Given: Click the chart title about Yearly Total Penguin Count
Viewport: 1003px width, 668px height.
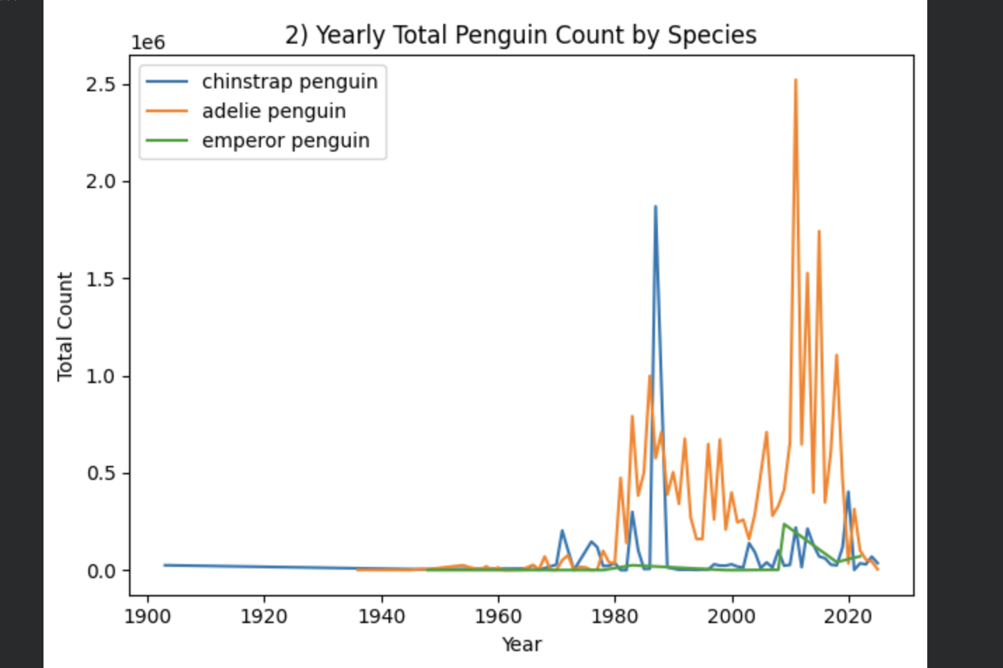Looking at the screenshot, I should point(520,35).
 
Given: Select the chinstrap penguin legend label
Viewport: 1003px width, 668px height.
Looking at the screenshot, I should point(290,82).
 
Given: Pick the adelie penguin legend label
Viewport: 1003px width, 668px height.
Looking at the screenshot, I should point(274,112).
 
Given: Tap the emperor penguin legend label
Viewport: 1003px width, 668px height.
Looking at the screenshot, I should point(285,141).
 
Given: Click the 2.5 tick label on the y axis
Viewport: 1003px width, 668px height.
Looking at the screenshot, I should point(100,85).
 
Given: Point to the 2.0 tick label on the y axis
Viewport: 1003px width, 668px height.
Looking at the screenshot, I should point(100,182).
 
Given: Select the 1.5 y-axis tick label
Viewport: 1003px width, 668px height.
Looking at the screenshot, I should point(100,279).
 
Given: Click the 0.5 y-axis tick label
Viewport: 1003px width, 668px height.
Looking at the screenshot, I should point(100,474).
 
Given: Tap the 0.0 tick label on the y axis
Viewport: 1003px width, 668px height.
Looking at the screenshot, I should point(100,571).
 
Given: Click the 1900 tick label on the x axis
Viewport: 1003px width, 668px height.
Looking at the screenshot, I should point(147,617).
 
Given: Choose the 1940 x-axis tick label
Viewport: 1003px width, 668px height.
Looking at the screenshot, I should point(382,617).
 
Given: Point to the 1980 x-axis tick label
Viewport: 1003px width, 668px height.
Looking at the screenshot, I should point(615,617).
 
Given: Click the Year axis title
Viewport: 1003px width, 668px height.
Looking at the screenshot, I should point(521,644).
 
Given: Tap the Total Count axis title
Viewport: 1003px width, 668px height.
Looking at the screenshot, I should point(65,327).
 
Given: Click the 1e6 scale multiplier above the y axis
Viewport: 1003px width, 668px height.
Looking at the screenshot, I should point(148,43).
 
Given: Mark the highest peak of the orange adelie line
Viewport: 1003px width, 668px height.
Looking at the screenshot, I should point(795,80).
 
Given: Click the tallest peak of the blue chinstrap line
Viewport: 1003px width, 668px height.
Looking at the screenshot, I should point(655,207).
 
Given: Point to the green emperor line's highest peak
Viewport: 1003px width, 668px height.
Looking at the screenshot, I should point(783,523).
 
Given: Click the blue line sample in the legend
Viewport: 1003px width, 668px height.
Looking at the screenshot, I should point(167,82).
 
